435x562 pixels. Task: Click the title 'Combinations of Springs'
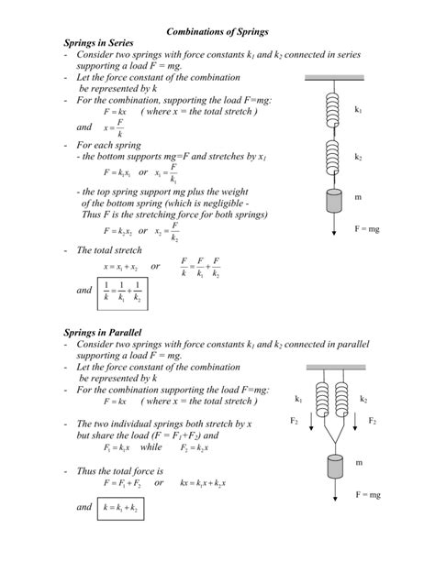(x=217, y=31)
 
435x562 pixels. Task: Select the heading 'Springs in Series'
(x=98, y=43)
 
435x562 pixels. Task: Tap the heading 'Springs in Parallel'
(x=102, y=331)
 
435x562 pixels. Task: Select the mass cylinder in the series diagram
(x=332, y=199)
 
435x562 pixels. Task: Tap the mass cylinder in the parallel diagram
(x=332, y=466)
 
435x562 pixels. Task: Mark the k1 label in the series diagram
(x=359, y=110)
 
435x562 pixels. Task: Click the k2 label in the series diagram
(x=359, y=157)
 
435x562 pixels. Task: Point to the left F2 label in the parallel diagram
(x=295, y=421)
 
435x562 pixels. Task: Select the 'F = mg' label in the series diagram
(x=367, y=228)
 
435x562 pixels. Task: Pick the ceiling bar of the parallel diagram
(x=332, y=367)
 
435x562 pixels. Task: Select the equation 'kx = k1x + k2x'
(x=203, y=482)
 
